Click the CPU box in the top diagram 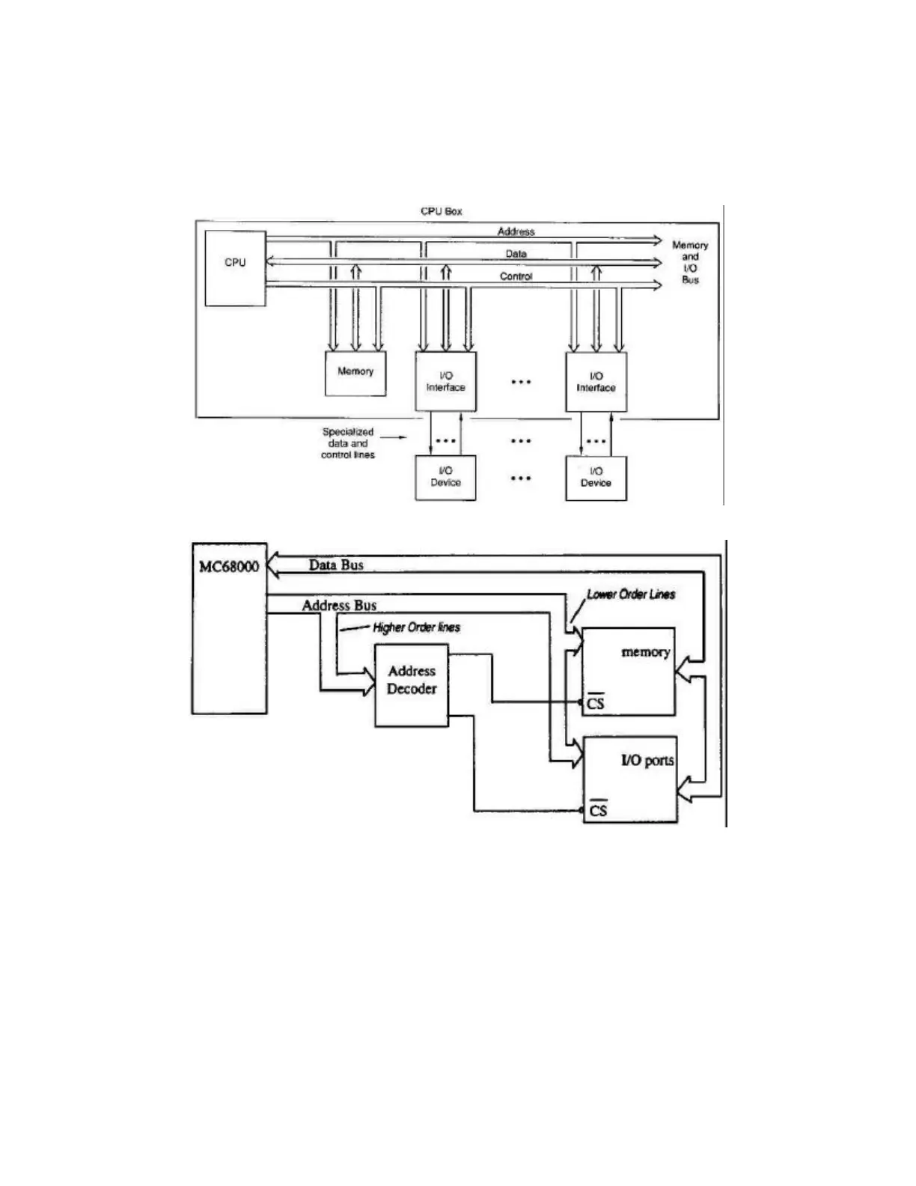[x=235, y=268]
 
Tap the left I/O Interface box [x=445, y=382]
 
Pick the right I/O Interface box [x=596, y=382]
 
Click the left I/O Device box [x=445, y=477]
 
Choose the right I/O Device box [x=596, y=477]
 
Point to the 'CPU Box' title [x=442, y=211]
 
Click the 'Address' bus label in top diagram [x=516, y=231]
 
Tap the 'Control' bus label [x=516, y=276]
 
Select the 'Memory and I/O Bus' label [x=689, y=262]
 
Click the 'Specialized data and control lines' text [x=348, y=443]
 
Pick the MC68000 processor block [x=229, y=627]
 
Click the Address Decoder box [x=412, y=684]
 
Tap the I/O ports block [x=630, y=779]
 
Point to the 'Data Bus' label [x=336, y=565]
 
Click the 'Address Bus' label [x=339, y=605]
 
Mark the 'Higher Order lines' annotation [x=416, y=627]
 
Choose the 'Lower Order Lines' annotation [x=631, y=594]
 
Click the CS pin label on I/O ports [x=597, y=810]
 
